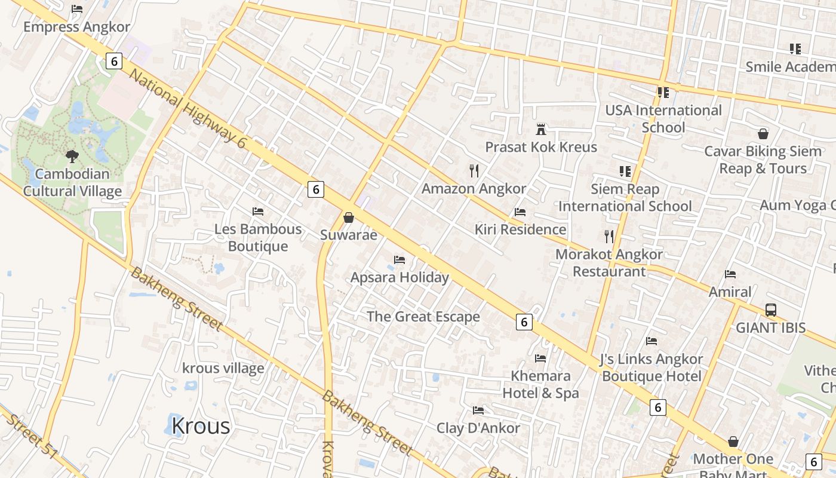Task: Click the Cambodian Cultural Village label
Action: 72,183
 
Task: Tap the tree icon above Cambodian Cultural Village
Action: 72,157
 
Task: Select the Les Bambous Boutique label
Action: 258,238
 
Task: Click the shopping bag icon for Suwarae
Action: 349,217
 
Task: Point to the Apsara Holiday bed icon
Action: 399,260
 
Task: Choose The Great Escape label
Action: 423,317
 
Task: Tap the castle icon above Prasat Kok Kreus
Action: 541,129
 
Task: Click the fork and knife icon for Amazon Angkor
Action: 474,171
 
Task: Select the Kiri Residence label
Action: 520,229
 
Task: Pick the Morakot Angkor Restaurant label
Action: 609,263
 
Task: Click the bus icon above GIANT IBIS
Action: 771,310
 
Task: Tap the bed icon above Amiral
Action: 730,274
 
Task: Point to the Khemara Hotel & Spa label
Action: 540,384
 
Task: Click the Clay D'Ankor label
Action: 478,428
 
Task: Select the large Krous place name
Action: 201,426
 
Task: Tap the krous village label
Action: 223,368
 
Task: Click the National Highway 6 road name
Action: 188,108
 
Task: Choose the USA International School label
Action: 663,119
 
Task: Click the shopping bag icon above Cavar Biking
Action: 763,133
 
